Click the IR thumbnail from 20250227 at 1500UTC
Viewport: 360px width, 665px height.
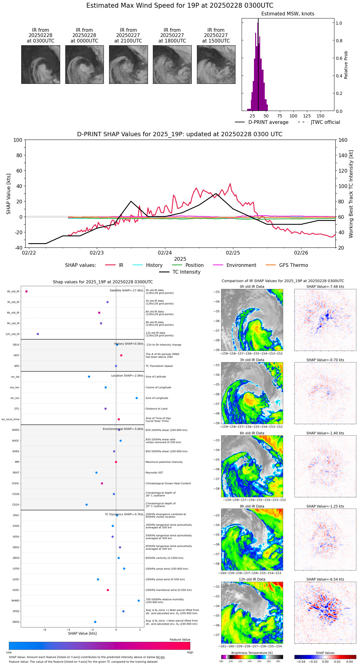coord(216,64)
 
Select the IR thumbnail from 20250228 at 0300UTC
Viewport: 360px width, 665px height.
coord(40,64)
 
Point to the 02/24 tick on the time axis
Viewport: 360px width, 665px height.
coord(165,253)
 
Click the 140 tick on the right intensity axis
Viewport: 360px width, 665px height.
coord(343,155)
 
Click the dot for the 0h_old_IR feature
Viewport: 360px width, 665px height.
coord(27,292)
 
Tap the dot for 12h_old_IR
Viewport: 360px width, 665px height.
coord(38,334)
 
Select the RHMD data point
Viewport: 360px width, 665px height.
coord(139,601)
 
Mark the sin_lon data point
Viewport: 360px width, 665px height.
coord(137,398)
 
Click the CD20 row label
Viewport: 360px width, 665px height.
coord(16,505)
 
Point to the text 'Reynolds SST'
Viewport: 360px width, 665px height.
coord(154,473)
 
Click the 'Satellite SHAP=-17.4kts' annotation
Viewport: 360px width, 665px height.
coord(126,291)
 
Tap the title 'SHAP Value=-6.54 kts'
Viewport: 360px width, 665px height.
coord(325,579)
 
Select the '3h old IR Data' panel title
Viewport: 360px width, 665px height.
coord(252,360)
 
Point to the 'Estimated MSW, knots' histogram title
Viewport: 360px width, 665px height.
coord(288,14)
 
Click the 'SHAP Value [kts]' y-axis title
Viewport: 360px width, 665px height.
coord(9,194)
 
